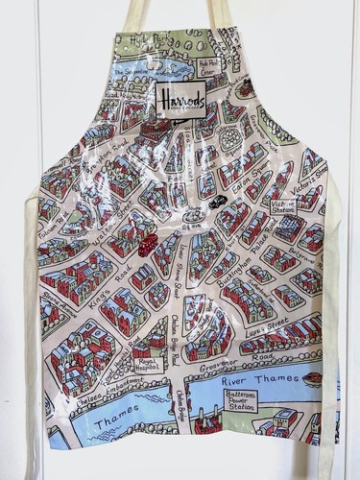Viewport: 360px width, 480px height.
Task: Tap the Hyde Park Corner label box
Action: tap(209, 69)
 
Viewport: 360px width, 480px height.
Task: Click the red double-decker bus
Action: tap(146, 248)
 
